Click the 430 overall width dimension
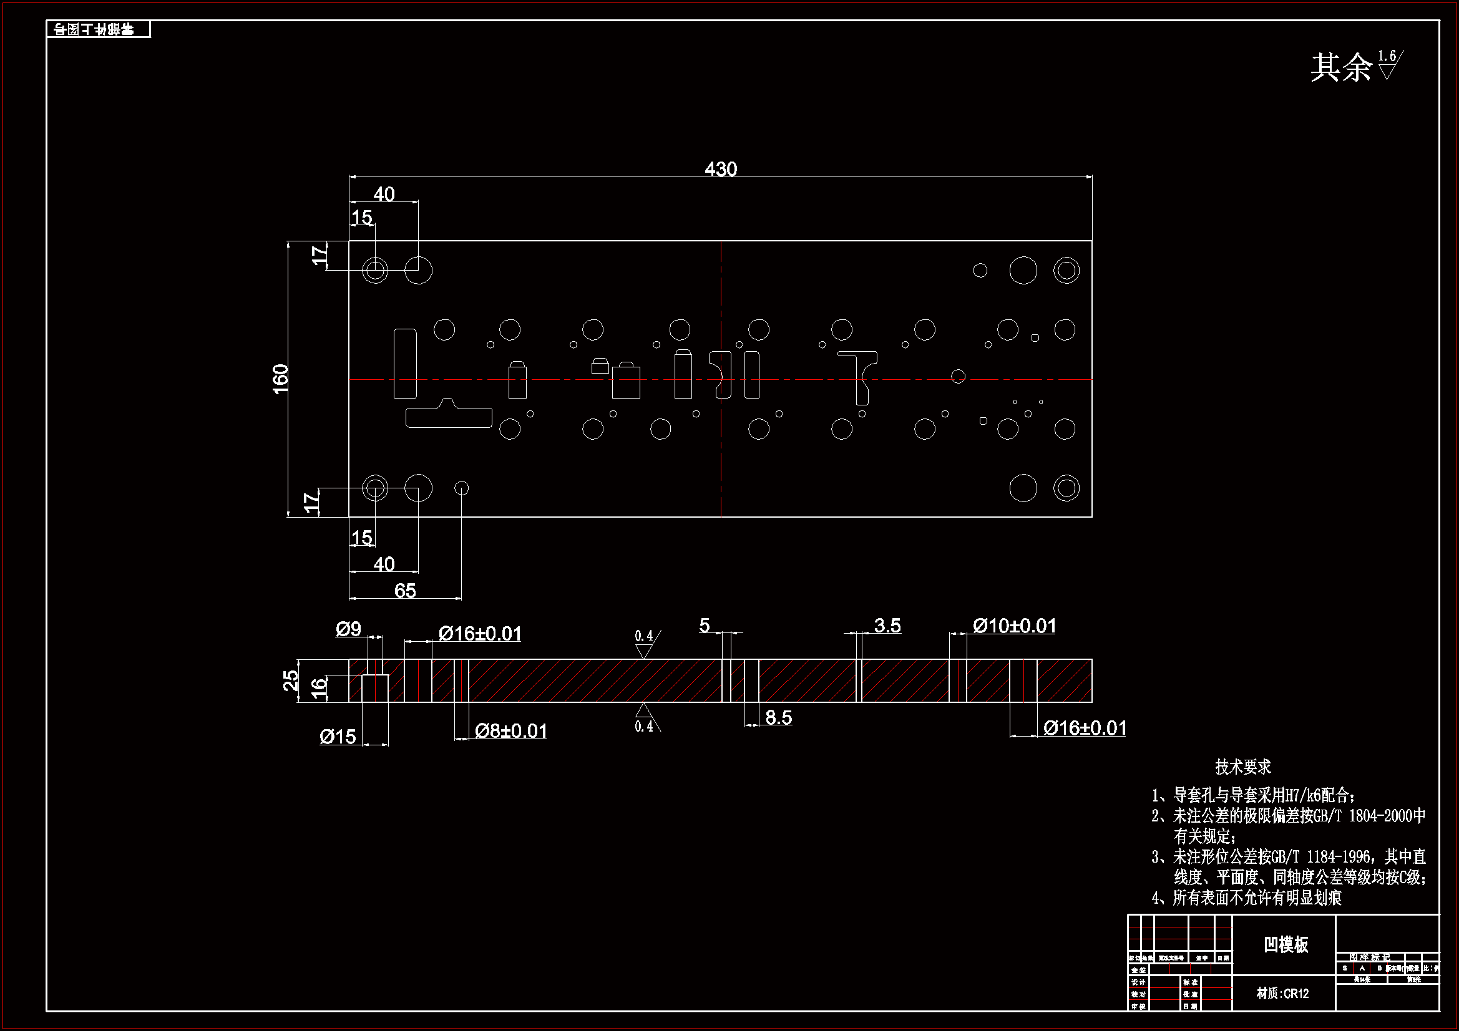[x=721, y=169]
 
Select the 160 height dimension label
[x=280, y=379]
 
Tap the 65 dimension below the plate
[x=405, y=591]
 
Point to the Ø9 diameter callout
[x=348, y=629]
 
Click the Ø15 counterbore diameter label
[x=338, y=737]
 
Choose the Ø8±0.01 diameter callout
[x=511, y=731]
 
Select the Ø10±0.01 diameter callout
[x=1014, y=626]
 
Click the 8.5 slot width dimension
[x=778, y=718]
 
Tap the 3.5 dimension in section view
[x=887, y=626]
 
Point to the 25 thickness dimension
[x=290, y=680]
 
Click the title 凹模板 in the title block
[x=1286, y=944]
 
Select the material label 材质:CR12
[x=1282, y=994]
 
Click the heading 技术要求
[x=1243, y=767]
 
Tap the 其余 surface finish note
[x=1341, y=67]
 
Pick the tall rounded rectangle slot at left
[x=405, y=364]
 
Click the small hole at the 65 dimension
[x=462, y=488]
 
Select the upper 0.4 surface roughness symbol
[x=645, y=644]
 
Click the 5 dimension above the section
[x=704, y=626]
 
